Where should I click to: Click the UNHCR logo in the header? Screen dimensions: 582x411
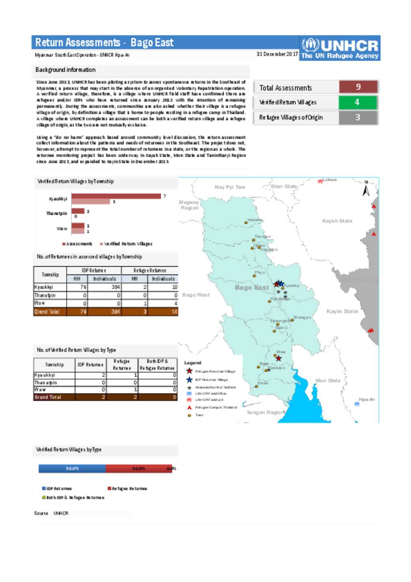coord(340,49)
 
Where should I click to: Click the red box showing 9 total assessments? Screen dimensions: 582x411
coord(358,87)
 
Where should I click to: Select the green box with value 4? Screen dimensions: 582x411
coord(357,102)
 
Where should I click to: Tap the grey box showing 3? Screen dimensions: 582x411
coord(358,118)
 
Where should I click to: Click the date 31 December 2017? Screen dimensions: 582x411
coord(277,54)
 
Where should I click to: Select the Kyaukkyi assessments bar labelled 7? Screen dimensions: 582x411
coord(116,196)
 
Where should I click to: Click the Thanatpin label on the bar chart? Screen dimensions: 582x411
coord(57,214)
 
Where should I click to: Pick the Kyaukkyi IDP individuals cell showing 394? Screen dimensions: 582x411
coord(104,287)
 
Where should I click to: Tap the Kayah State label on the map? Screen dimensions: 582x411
coord(337,221)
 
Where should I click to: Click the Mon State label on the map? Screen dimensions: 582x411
coord(328,380)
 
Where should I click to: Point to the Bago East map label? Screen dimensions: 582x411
coord(252,288)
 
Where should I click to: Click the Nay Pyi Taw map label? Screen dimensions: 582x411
coord(230,187)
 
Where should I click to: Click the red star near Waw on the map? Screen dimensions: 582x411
coord(279,358)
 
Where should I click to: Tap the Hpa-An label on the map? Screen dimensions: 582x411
coord(367,399)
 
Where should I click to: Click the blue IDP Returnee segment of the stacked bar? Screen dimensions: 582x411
coord(72,469)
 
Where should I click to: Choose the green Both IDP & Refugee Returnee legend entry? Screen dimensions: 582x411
coord(73,498)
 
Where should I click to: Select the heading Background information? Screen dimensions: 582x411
coord(65,70)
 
